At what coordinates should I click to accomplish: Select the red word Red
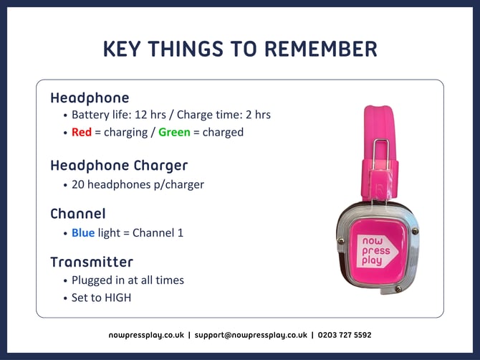point(82,132)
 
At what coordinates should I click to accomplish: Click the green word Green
point(174,132)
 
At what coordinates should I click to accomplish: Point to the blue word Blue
point(83,233)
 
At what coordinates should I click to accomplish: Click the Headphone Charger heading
point(119,166)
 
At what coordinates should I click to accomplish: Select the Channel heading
point(78,214)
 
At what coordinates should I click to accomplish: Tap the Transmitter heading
point(92,262)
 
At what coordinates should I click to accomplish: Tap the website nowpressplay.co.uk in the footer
point(146,335)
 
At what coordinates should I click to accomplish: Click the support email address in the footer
point(250,335)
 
